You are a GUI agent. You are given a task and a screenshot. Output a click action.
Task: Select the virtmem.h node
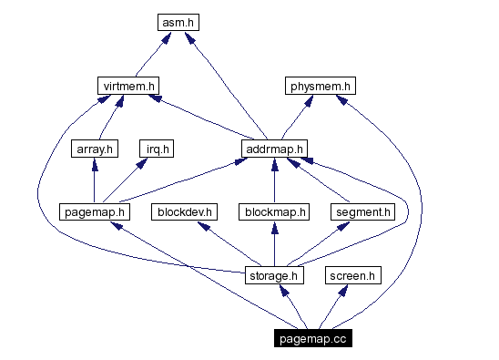point(129,86)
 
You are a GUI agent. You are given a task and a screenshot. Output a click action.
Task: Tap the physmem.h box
point(319,86)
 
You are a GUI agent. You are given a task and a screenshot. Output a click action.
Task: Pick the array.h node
point(95,149)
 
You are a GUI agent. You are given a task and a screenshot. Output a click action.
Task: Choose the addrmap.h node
point(274,149)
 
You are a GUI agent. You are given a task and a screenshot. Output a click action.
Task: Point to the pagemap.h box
point(95,211)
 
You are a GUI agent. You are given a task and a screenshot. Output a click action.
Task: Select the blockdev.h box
point(185,211)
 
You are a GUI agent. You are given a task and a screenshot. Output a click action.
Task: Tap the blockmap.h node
point(274,211)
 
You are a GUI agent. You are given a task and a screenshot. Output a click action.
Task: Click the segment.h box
point(362,211)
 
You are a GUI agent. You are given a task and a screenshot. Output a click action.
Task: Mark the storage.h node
point(274,274)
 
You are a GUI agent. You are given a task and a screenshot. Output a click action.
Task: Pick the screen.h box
point(353,274)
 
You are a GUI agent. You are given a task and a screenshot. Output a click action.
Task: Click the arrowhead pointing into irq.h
point(142,164)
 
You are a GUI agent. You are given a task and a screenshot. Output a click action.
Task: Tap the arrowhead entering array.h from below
point(95,164)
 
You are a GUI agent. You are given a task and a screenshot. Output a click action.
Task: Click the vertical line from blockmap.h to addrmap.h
point(274,182)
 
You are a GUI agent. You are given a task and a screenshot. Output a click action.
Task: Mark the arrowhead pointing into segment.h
point(347,226)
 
